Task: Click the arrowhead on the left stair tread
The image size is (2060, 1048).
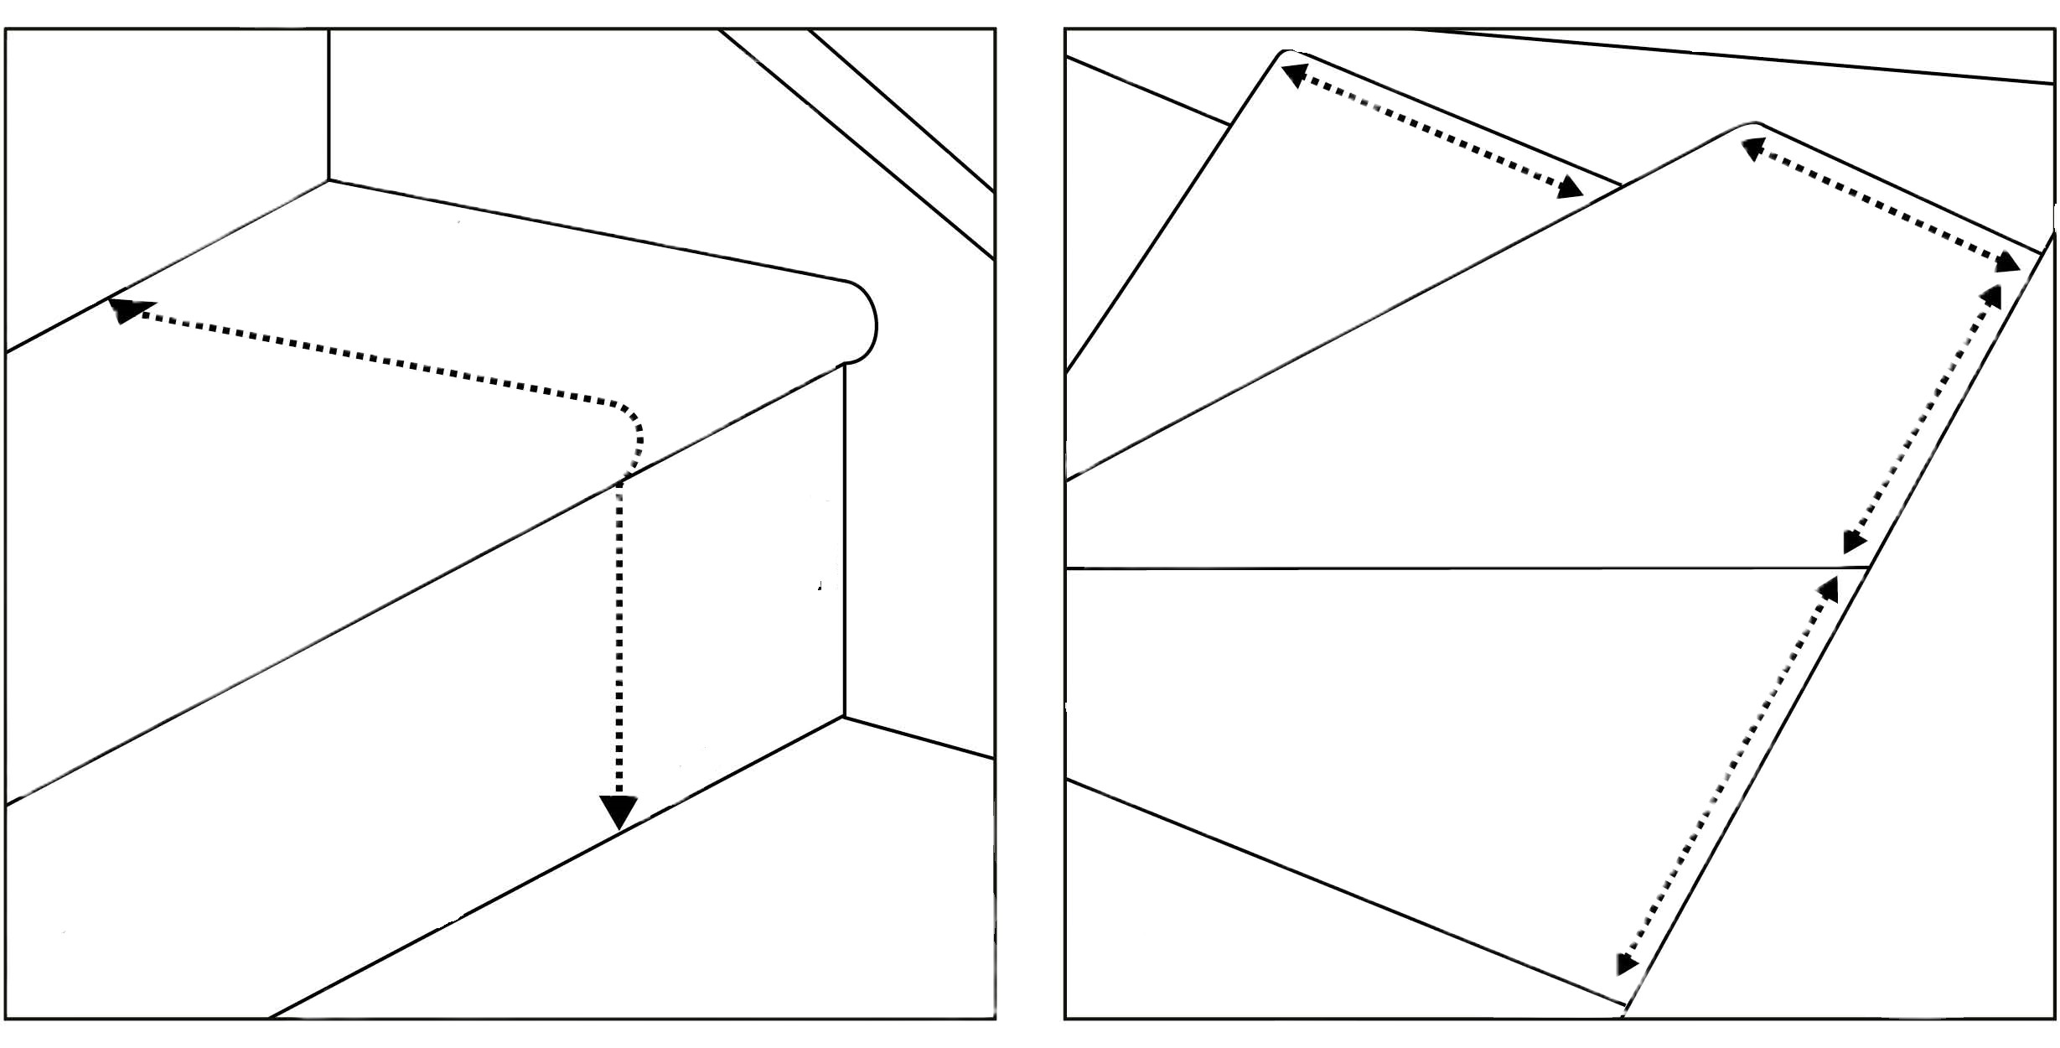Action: click(126, 310)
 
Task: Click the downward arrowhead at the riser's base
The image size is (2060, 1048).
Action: click(619, 812)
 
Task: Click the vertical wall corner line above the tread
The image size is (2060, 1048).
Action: click(329, 105)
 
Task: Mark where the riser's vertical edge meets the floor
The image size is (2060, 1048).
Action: click(844, 717)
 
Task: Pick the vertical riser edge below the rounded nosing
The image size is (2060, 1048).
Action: click(844, 537)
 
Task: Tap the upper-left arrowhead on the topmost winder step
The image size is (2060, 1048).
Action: click(1296, 73)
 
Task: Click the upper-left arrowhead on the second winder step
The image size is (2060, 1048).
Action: click(1753, 149)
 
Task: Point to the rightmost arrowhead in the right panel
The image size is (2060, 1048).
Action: click(2007, 262)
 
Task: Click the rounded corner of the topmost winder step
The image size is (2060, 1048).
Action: click(1283, 54)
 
